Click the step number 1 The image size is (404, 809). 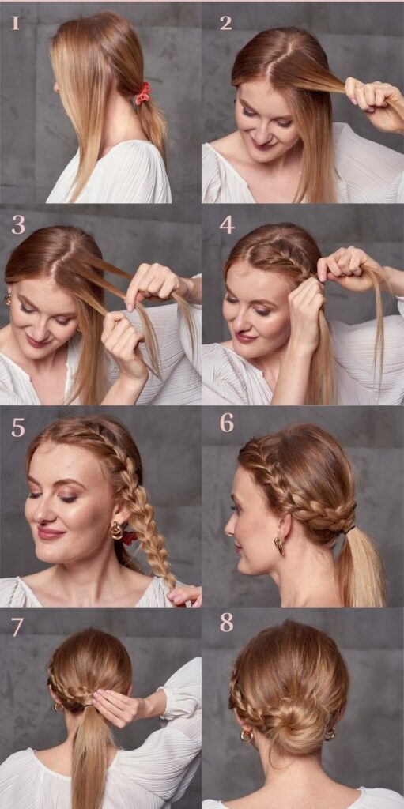16,23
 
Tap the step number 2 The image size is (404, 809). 226,23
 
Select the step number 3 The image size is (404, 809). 18,225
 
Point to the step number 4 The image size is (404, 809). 227,225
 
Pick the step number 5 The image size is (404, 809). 18,427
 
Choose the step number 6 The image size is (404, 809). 226,423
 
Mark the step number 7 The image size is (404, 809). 17,627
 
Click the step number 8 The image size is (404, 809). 226,623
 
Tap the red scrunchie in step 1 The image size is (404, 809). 143,93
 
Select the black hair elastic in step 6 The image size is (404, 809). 350,529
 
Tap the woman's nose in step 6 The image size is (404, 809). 228,525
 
